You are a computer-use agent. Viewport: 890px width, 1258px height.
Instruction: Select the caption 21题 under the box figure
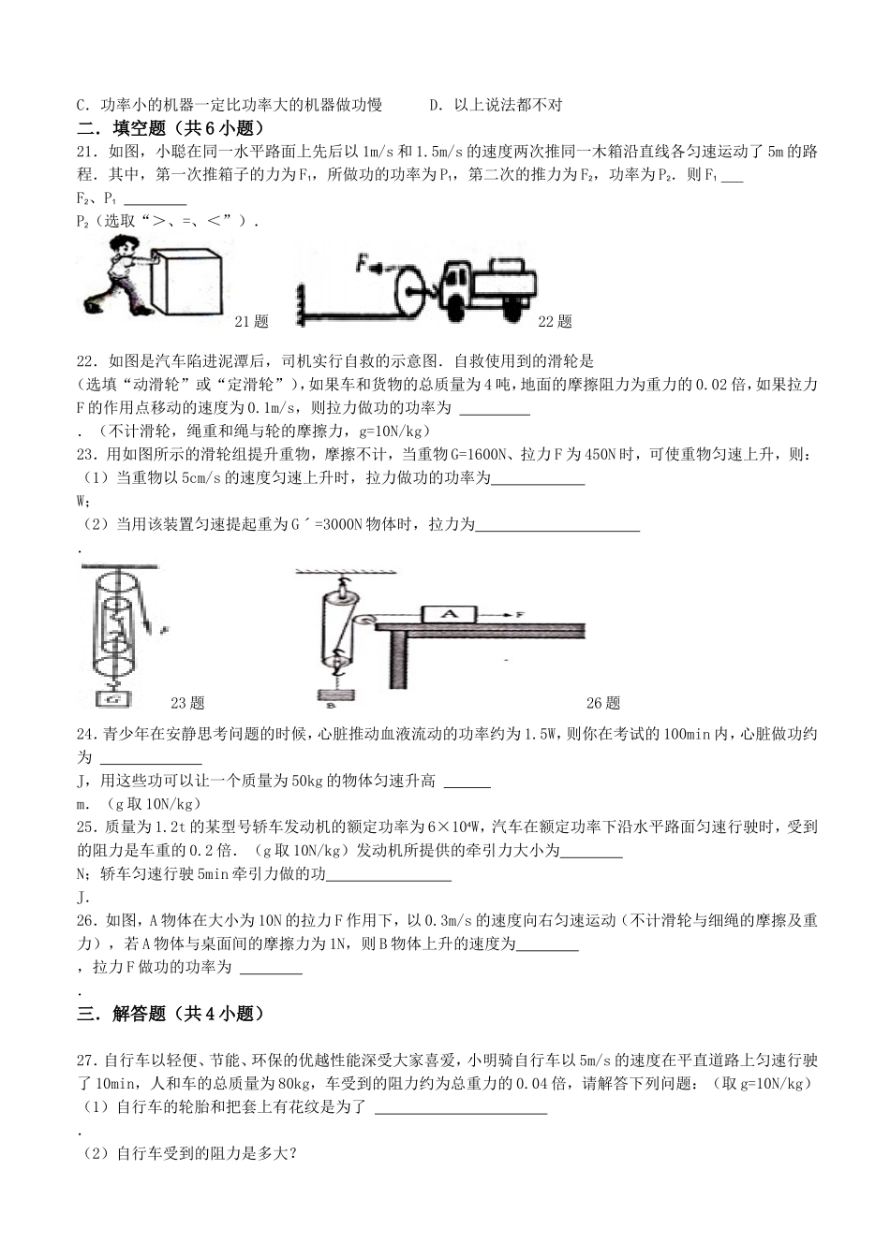tap(251, 322)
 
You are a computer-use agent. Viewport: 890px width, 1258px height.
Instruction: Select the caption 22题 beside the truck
tap(555, 322)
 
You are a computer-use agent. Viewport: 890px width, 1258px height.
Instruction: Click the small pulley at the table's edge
tap(364, 619)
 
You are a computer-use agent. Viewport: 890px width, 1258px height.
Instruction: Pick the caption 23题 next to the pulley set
tap(187, 703)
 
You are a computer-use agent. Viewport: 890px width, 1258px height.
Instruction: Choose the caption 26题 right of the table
tap(603, 703)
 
